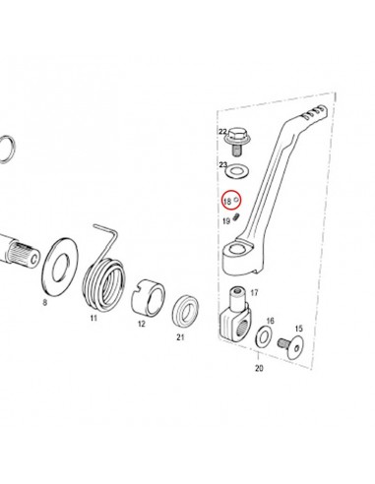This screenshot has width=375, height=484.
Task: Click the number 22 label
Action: click(x=222, y=132)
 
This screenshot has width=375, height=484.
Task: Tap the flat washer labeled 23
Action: click(x=238, y=171)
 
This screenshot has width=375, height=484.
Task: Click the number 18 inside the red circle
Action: click(x=227, y=201)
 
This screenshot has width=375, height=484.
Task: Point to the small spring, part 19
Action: click(x=237, y=216)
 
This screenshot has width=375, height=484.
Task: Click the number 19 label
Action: click(x=226, y=221)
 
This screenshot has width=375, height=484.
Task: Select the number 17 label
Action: click(x=254, y=292)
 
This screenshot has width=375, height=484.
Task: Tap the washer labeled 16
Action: click(x=263, y=336)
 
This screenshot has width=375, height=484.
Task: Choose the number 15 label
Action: click(x=298, y=329)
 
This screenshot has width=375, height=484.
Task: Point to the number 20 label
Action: click(x=259, y=368)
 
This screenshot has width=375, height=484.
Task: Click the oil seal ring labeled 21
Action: click(x=185, y=312)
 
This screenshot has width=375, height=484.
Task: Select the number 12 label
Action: click(x=142, y=324)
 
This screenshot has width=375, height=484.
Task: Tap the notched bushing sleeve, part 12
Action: click(x=148, y=298)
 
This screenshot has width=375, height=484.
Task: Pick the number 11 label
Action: click(x=94, y=318)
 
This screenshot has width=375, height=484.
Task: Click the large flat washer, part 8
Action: click(x=60, y=265)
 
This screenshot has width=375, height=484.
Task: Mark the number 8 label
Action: click(x=45, y=302)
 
